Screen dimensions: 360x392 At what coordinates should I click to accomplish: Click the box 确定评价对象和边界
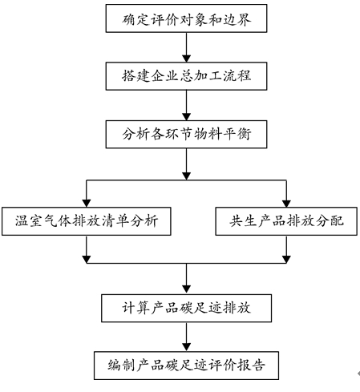186,18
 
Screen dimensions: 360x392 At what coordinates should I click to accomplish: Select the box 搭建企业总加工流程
186,76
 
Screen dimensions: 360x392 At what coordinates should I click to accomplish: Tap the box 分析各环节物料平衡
186,134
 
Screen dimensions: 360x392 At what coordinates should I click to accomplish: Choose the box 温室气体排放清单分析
87,221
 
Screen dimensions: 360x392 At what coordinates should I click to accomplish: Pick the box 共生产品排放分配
286,221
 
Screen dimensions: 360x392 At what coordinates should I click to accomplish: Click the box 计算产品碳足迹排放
186,308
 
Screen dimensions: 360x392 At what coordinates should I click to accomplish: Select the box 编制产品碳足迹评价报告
186,366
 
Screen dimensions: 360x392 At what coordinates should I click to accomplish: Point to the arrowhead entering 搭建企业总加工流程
186,59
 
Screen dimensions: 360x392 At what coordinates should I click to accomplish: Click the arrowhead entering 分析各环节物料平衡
186,117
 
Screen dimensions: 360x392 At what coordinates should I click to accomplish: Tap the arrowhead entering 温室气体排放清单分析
87,204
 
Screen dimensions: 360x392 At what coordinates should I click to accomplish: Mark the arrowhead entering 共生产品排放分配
286,204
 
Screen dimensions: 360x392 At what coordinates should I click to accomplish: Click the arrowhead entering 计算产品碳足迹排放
186,289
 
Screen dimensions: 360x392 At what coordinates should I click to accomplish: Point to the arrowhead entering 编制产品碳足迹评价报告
186,347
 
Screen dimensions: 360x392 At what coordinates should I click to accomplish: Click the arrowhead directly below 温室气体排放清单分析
87,260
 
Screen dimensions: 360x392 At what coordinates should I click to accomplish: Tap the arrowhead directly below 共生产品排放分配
286,260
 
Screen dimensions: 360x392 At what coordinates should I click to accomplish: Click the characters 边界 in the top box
237,19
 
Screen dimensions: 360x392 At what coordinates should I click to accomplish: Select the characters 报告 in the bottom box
251,366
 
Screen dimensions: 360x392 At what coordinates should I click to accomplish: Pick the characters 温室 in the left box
28,221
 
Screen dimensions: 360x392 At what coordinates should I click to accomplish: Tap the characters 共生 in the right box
243,221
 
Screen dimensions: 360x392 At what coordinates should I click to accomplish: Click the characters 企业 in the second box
164,76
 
